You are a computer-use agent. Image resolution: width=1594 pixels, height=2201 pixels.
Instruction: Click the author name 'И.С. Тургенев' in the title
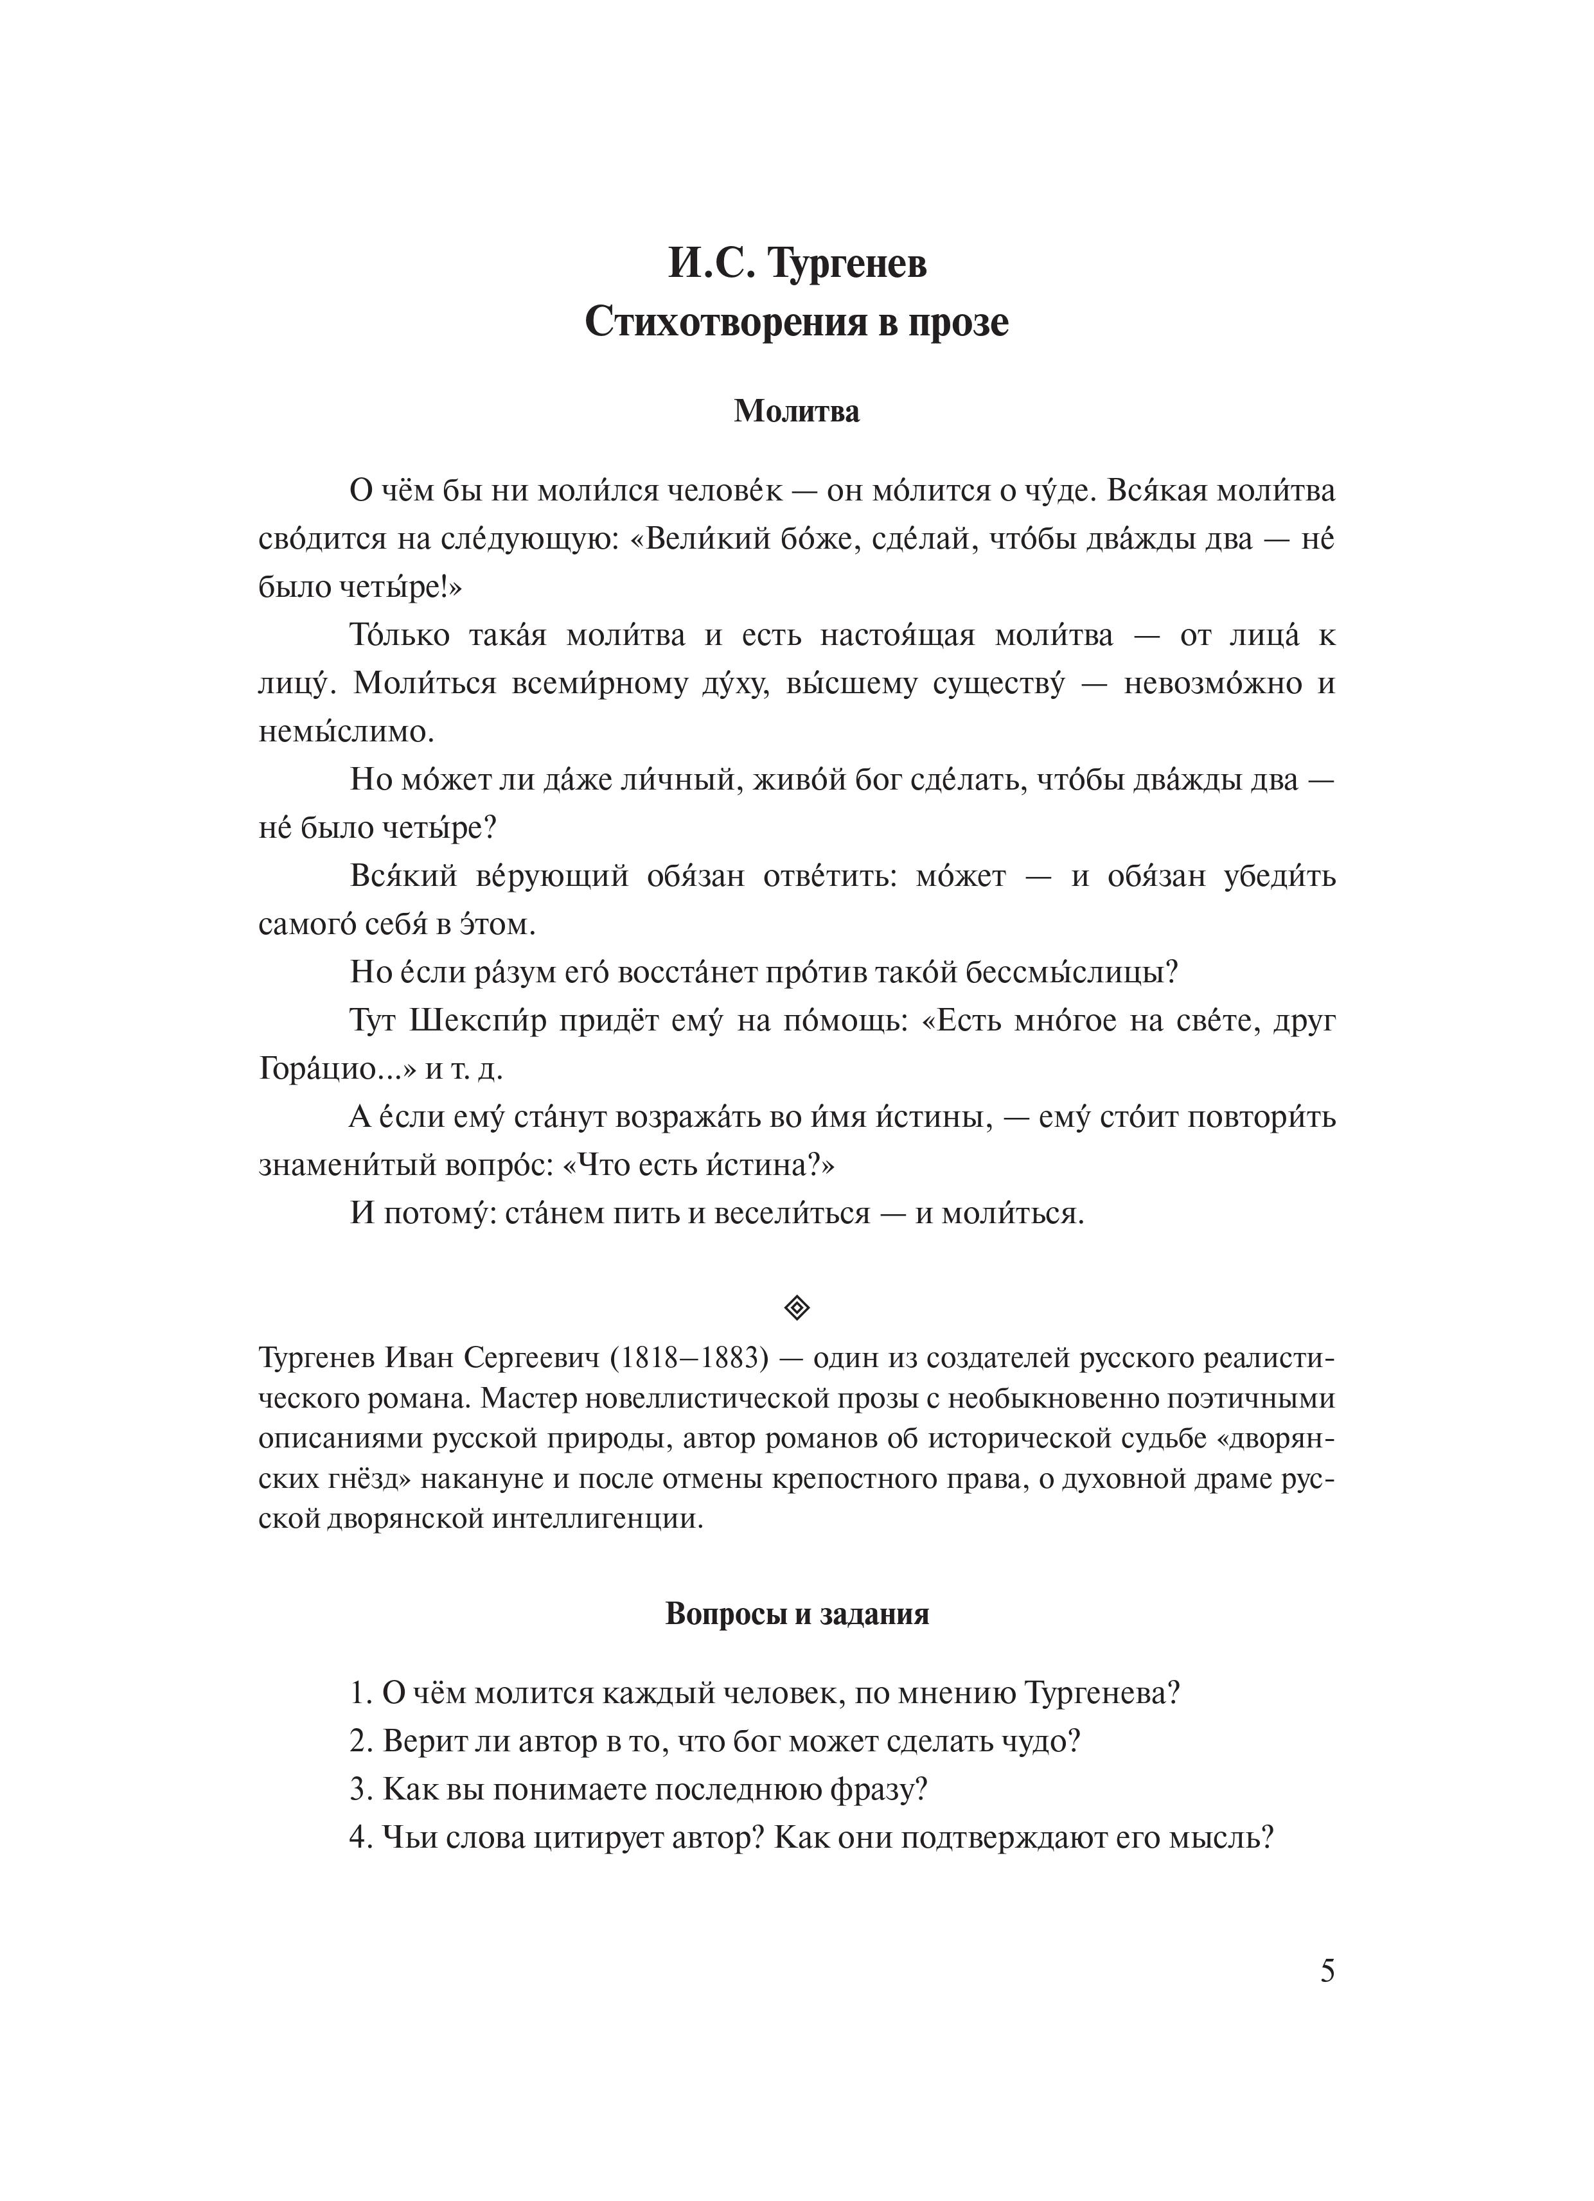(x=796, y=264)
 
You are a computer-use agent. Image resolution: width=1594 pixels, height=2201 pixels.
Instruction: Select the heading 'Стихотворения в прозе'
(x=796, y=323)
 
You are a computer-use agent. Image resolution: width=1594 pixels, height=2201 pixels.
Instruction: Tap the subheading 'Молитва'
(x=796, y=411)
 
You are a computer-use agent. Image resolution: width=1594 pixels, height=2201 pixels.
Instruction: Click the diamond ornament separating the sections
(x=796, y=1308)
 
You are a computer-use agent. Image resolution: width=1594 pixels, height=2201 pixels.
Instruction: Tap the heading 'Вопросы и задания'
(x=796, y=1614)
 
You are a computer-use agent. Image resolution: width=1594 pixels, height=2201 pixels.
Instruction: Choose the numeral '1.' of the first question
(x=361, y=1693)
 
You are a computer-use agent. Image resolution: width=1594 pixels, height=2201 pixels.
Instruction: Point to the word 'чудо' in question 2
(x=1040, y=1742)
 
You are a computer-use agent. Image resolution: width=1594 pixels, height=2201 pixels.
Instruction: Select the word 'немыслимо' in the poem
(x=346, y=732)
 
